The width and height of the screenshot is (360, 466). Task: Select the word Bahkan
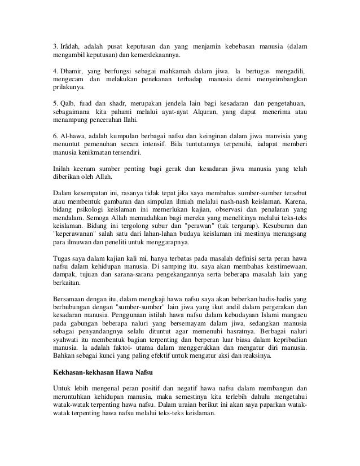[x=65, y=356]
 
